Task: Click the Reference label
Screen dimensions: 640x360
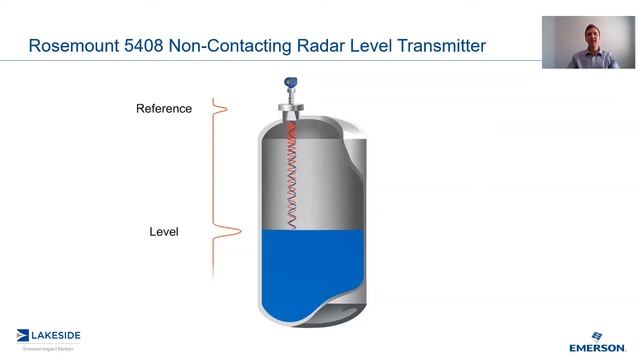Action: pyautogui.click(x=164, y=108)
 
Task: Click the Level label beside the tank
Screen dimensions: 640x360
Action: pyautogui.click(x=164, y=232)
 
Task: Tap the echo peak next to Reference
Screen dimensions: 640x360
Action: pyautogui.click(x=222, y=108)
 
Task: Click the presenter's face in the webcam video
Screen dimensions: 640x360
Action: pyautogui.click(x=588, y=37)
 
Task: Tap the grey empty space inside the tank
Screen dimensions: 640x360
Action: pyautogui.click(x=320, y=180)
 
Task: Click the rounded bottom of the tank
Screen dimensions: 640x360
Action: pyautogui.click(x=300, y=310)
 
